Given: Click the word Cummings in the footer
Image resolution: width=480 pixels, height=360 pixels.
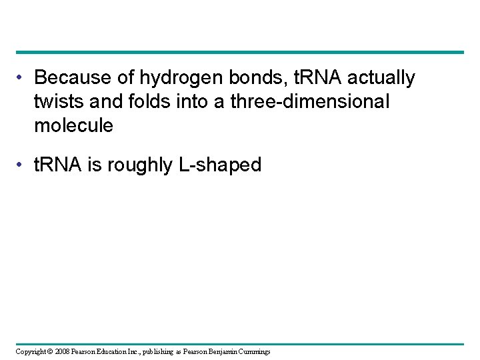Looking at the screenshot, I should point(251,351).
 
